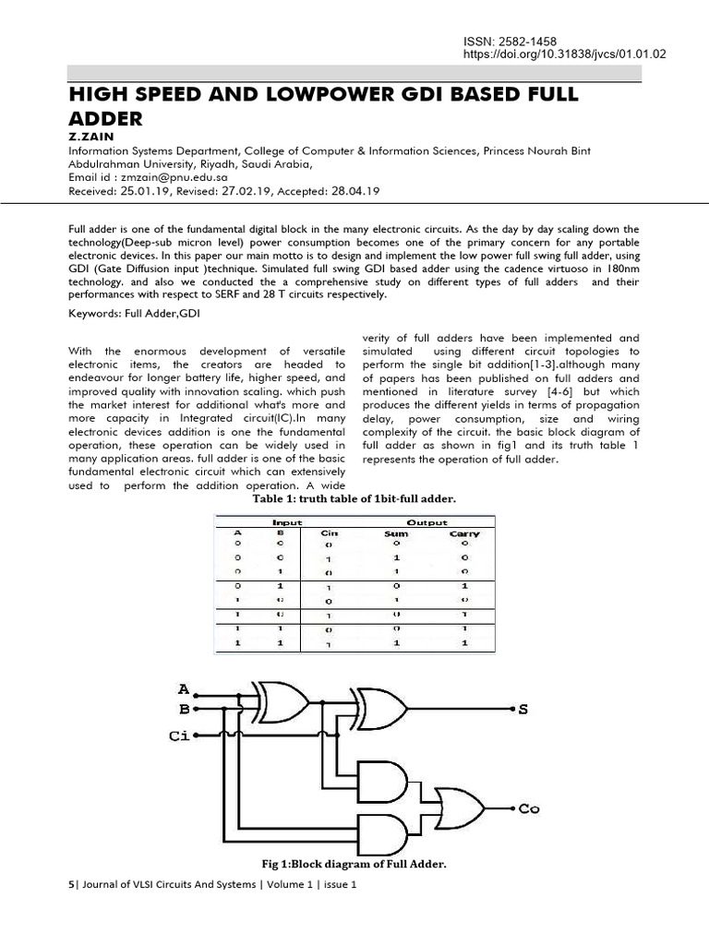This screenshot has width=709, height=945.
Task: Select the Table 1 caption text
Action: (x=354, y=498)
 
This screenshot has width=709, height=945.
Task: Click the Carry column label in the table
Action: (x=464, y=533)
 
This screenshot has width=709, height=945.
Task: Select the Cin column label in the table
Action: (x=329, y=533)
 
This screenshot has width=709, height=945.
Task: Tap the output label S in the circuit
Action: (x=523, y=709)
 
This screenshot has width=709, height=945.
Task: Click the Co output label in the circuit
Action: (x=528, y=809)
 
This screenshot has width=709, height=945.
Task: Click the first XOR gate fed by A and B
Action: (x=282, y=701)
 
